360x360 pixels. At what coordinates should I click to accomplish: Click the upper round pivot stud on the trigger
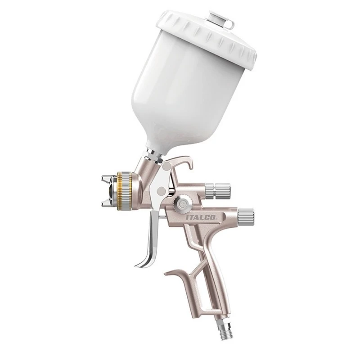(x=166, y=166)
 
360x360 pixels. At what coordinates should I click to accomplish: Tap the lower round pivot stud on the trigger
(x=162, y=190)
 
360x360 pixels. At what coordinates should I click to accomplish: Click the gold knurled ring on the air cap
(x=123, y=190)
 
